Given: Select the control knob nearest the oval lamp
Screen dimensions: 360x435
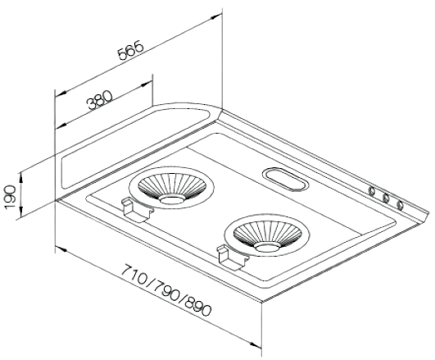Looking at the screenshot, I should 373,194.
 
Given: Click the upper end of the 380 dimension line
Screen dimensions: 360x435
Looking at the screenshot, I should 152,80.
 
